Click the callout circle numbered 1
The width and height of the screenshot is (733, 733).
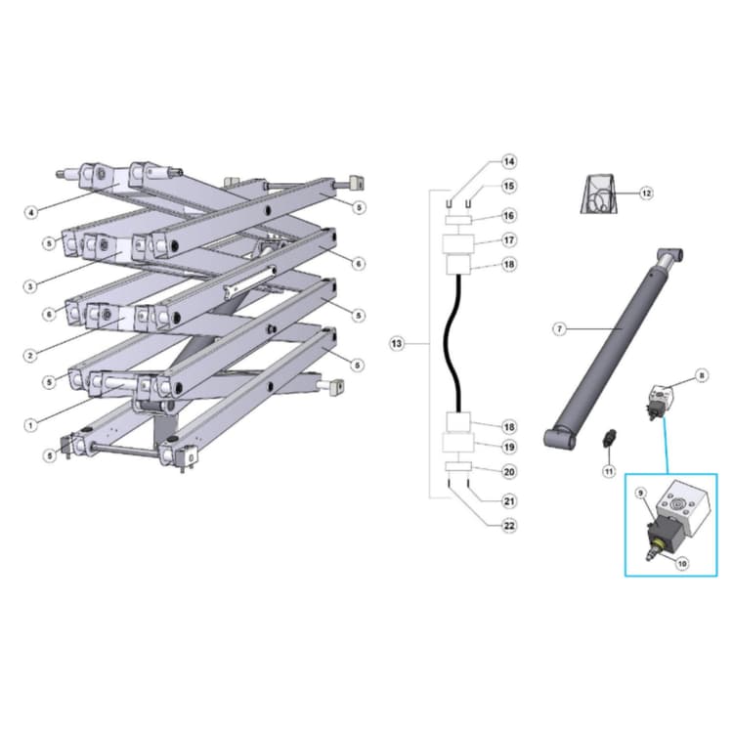click(31, 425)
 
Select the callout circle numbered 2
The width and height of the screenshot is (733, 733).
click(31, 355)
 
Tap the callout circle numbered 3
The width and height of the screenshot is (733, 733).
click(31, 286)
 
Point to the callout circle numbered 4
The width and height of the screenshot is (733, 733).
click(31, 211)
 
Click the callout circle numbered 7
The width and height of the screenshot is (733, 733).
click(560, 329)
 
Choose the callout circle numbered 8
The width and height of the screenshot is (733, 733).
click(702, 375)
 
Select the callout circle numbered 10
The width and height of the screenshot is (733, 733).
click(682, 564)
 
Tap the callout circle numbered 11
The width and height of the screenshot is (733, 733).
click(608, 471)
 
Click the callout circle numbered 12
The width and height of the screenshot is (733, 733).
click(646, 194)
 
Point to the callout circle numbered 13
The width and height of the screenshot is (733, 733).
click(397, 344)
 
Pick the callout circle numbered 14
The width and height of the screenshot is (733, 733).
click(508, 160)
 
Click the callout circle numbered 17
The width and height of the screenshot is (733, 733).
click(508, 239)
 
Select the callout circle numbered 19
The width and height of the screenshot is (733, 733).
click(508, 447)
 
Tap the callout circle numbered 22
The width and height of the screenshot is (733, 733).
click(508, 526)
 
